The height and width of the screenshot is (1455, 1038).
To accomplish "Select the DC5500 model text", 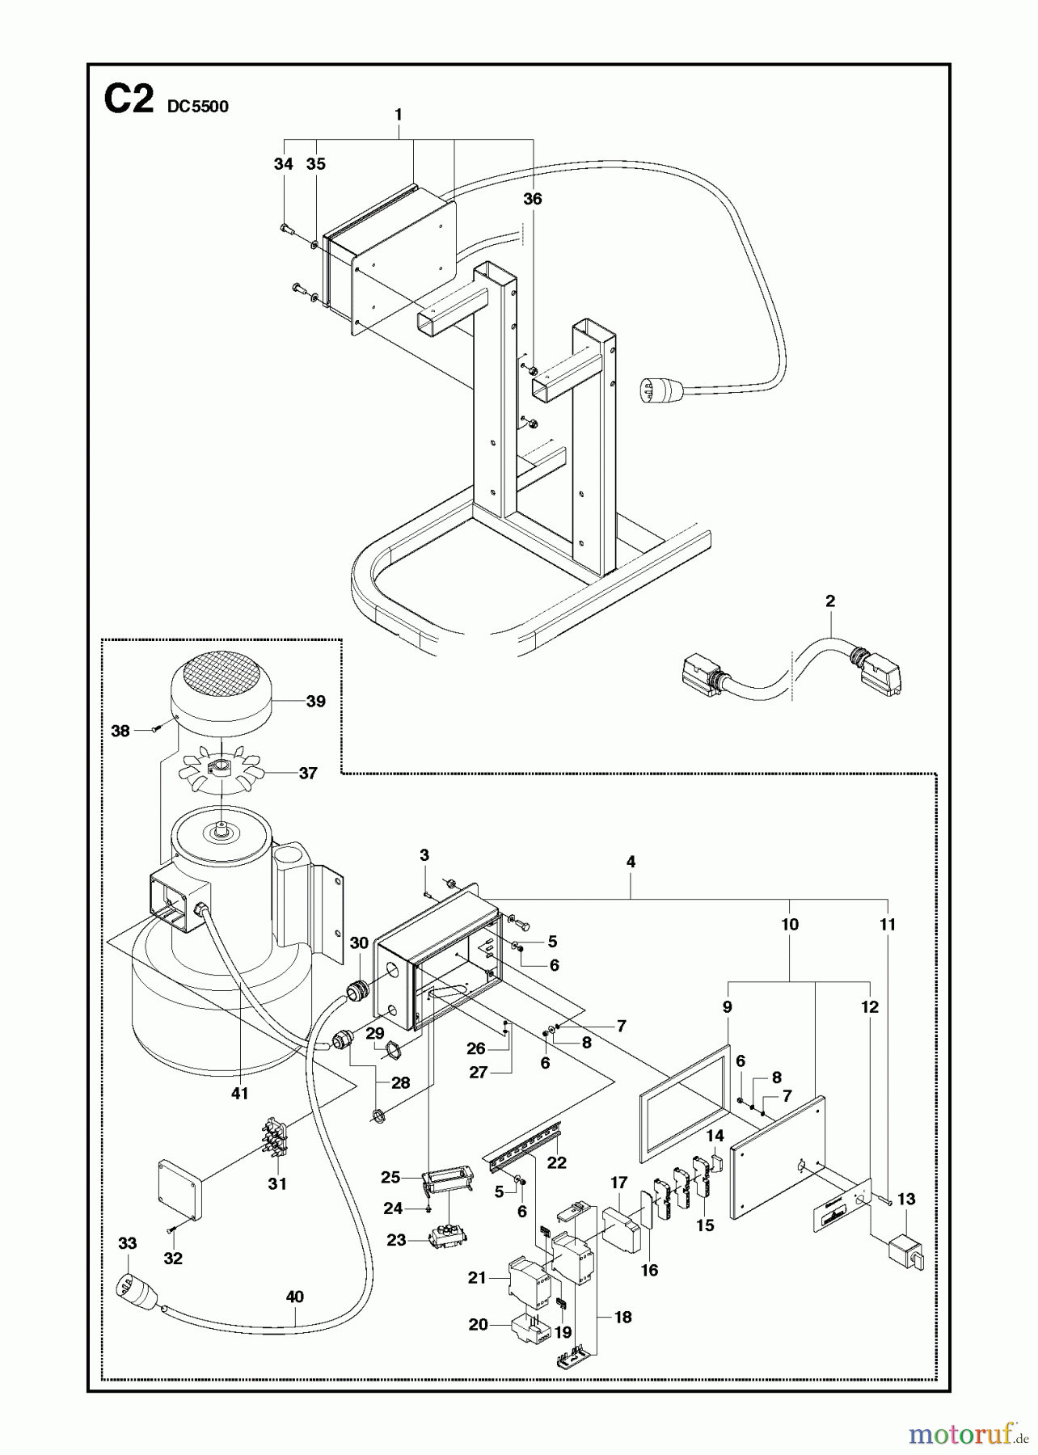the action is (x=198, y=107).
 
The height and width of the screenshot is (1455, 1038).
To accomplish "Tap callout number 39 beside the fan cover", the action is (x=316, y=701).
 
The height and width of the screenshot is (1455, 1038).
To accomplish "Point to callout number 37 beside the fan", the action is (x=308, y=773).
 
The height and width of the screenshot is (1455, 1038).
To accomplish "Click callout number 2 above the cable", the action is (x=830, y=601).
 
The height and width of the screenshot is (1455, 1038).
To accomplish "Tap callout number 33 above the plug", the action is (x=128, y=1243).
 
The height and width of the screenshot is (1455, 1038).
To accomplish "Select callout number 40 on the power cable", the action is (x=295, y=1297).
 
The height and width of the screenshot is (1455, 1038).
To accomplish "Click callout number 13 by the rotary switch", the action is (x=906, y=1199).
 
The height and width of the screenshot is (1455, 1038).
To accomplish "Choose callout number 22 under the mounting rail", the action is (x=557, y=1162).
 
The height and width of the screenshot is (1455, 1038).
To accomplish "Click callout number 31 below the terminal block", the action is (x=277, y=1183).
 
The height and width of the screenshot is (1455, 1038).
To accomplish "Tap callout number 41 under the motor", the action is (x=239, y=1094).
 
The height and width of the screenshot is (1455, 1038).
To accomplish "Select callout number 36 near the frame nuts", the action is (x=532, y=199).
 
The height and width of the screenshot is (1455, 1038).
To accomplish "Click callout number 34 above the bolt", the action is (x=283, y=164).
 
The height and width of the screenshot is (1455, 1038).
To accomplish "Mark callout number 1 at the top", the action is (x=399, y=115).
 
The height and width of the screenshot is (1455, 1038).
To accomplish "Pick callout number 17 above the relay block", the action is (x=619, y=1183).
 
